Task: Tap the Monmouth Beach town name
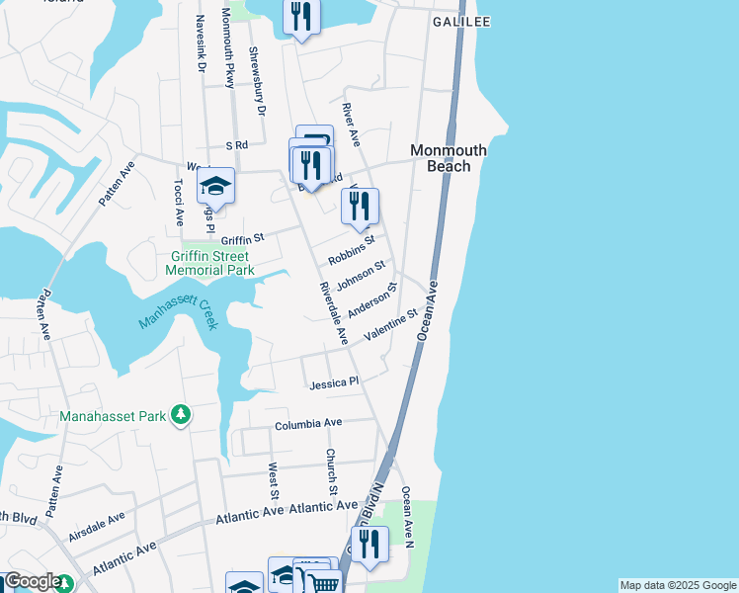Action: tap(449, 158)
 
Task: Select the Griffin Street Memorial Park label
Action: tap(209, 263)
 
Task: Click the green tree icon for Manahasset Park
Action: tap(180, 415)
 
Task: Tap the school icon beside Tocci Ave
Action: tap(215, 186)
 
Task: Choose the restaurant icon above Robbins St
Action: tap(360, 207)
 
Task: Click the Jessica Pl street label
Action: tap(334, 382)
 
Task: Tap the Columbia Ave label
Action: tap(308, 423)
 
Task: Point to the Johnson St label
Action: tap(360, 276)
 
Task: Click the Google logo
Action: tap(33, 581)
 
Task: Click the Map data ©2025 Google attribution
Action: tap(677, 585)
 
